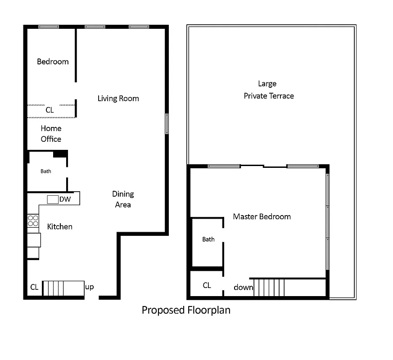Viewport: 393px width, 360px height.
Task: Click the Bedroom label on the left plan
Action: pyautogui.click(x=53, y=62)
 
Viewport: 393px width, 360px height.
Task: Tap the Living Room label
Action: pyautogui.click(x=118, y=99)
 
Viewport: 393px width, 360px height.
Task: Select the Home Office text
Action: pyautogui.click(x=51, y=134)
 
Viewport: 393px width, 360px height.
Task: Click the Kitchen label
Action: pyautogui.click(x=59, y=226)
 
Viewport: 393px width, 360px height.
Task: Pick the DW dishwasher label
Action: pyautogui.click(x=65, y=199)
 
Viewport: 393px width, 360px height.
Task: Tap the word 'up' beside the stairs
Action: pyautogui.click(x=90, y=287)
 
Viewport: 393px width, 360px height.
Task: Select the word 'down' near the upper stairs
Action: pyautogui.click(x=243, y=287)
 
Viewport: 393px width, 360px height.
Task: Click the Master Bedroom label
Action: pyautogui.click(x=262, y=216)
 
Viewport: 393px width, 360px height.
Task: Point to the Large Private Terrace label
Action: pyautogui.click(x=268, y=90)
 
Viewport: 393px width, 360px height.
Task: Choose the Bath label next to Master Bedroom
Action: pyautogui.click(x=208, y=239)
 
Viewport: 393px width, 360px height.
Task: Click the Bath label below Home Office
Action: pyautogui.click(x=46, y=171)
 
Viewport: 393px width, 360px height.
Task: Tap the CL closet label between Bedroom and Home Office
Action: pyautogui.click(x=50, y=110)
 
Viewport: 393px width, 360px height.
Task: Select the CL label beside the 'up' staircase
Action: pyautogui.click(x=34, y=287)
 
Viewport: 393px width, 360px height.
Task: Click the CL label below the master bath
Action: pyautogui.click(x=207, y=285)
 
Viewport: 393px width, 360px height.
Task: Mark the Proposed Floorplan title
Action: pyautogui.click(x=186, y=310)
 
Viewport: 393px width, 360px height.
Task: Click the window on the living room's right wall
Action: pyautogui.click(x=167, y=124)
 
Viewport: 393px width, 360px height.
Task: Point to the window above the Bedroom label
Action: pyautogui.click(x=48, y=27)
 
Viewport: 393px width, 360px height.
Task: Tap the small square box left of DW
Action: pyautogui.click(x=53, y=199)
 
